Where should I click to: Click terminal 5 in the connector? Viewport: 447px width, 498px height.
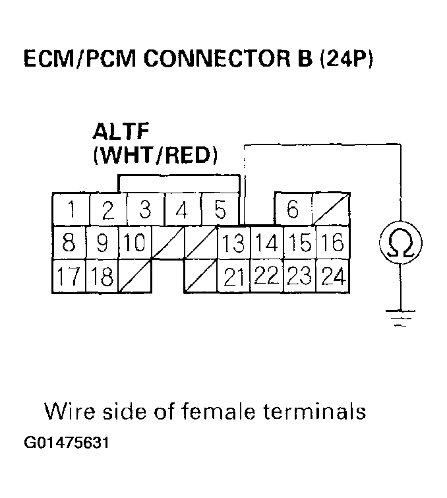220,210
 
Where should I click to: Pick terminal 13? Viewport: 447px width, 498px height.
233,243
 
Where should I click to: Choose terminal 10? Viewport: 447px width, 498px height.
135,243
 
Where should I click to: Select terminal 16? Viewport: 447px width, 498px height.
333,243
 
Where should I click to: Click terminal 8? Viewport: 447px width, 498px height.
69,243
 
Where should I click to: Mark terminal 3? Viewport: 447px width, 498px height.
145,210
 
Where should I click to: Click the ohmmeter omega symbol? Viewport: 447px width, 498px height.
401,244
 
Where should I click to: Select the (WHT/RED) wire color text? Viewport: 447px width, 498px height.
156,156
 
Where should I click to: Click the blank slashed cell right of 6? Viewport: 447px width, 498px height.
332,210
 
